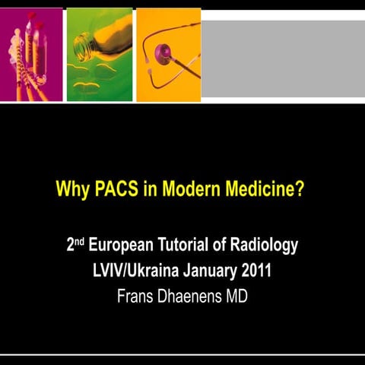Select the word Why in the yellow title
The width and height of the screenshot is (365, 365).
pyautogui.click(x=73, y=187)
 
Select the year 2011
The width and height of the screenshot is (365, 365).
pyautogui.click(x=257, y=271)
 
